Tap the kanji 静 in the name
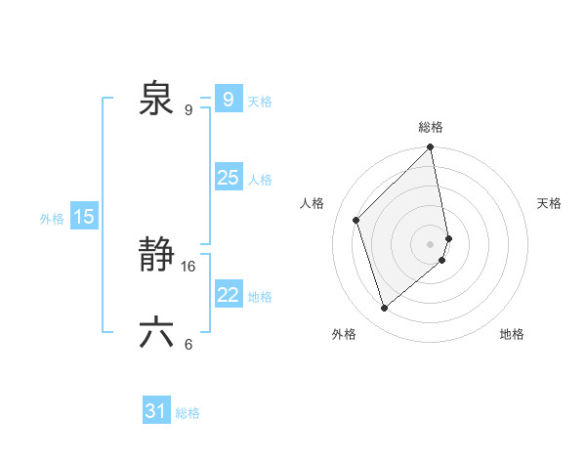coord(156,257)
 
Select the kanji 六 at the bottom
coord(156,333)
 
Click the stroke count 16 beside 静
coord(188,266)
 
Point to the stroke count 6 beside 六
coord(188,344)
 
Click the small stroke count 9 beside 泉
coord(188,109)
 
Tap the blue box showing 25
coord(228,178)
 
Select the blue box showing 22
coord(228,295)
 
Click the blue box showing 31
coord(156,411)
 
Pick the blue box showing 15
coord(84,217)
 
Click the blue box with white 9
coord(228,100)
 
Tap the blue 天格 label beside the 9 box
coord(260,102)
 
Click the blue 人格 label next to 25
coord(260,180)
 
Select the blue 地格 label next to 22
coord(260,297)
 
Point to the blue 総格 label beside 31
coord(188,413)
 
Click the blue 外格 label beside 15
coord(52,219)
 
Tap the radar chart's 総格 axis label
coord(431,127)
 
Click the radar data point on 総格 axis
coord(431,148)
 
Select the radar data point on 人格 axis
coord(356,220)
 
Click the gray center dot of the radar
coord(431,243)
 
